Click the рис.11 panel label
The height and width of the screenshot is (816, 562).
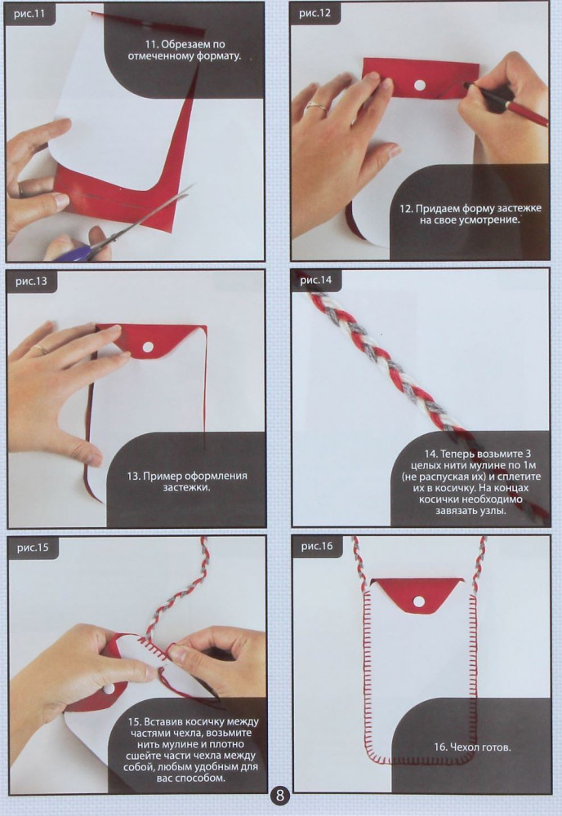pyautogui.click(x=29, y=14)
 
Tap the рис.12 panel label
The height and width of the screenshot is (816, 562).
pyautogui.click(x=314, y=13)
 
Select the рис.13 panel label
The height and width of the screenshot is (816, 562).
pyautogui.click(x=31, y=282)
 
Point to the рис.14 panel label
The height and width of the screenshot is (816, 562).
pyautogui.click(x=315, y=280)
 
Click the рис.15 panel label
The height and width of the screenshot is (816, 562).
pyautogui.click(x=33, y=548)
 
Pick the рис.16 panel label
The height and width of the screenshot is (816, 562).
pyautogui.click(x=317, y=546)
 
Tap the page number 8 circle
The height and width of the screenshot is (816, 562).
pyautogui.click(x=280, y=795)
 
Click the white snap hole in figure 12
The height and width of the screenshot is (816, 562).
pyautogui.click(x=419, y=85)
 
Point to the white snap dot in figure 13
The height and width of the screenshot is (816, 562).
pyautogui.click(x=149, y=347)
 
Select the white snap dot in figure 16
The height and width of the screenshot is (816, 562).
pyautogui.click(x=419, y=601)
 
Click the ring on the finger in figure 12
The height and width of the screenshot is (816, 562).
pyautogui.click(x=316, y=108)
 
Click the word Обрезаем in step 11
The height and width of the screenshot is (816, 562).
pyautogui.click(x=194, y=45)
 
